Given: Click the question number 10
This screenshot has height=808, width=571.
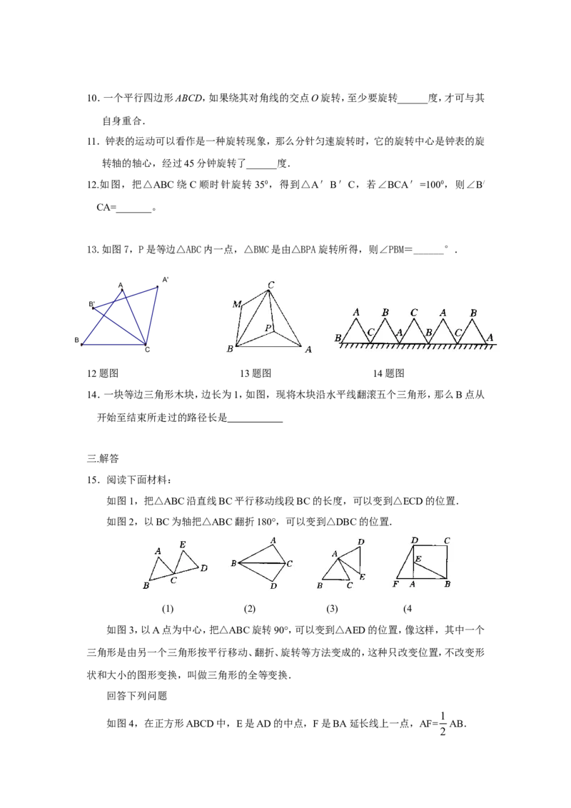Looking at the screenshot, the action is click(x=93, y=98).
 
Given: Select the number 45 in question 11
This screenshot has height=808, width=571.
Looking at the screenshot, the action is click(x=189, y=163).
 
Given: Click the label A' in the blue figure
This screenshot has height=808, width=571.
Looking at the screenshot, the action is click(x=166, y=279).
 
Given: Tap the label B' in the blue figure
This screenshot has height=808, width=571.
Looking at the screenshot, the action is click(x=92, y=304).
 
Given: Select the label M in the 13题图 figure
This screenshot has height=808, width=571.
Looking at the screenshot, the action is click(x=236, y=304).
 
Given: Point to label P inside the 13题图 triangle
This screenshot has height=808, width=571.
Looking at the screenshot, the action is click(x=268, y=328).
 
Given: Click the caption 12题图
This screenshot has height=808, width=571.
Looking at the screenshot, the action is click(x=103, y=373).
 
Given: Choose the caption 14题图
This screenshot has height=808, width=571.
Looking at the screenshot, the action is click(x=388, y=373).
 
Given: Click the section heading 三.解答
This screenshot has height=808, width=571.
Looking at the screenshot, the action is click(x=103, y=458).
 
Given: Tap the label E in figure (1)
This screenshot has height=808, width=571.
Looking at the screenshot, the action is click(x=183, y=544).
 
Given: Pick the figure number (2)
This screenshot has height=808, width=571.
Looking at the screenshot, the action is click(x=249, y=609).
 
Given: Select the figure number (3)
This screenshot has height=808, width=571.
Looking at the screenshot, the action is click(x=332, y=609).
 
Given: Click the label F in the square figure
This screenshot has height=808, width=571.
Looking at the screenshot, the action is click(x=395, y=585).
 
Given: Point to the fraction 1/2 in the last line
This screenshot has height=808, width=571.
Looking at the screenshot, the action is click(x=443, y=724).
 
